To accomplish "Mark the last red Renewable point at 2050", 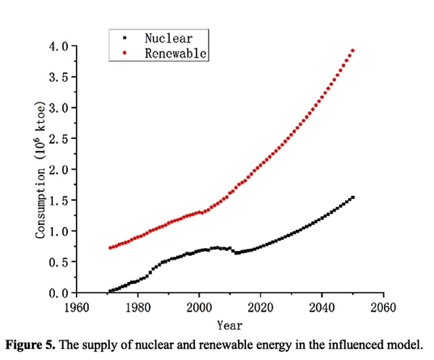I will coord(352,51).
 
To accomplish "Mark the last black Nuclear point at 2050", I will coord(352,197).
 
